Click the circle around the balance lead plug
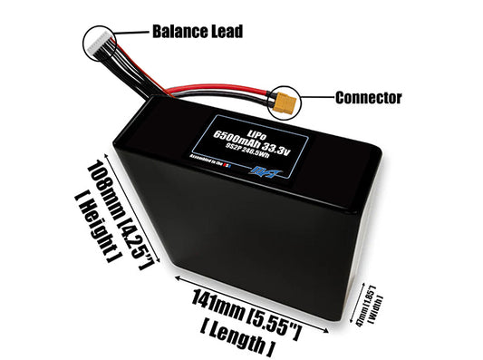pos(101,42)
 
